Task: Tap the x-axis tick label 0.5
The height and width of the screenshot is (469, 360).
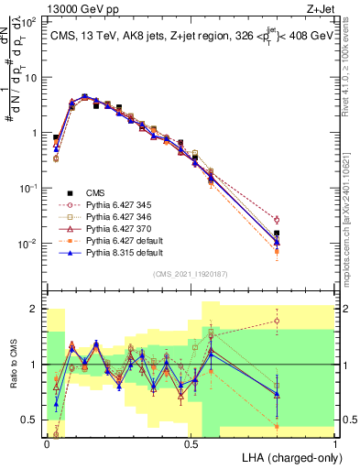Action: pos(191,443)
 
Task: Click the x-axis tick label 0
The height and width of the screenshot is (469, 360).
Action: pos(47,443)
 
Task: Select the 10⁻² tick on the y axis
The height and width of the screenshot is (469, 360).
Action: pos(30,244)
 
